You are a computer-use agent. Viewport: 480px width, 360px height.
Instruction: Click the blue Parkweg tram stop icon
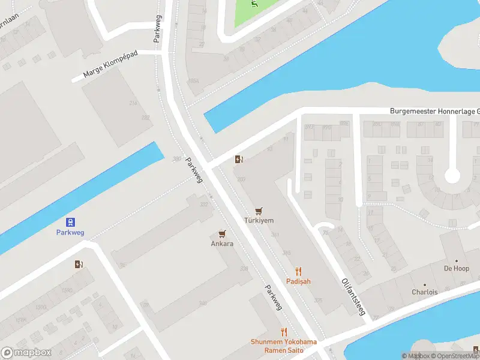(x=71, y=221)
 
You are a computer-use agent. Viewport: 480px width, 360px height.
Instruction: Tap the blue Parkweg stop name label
(x=71, y=232)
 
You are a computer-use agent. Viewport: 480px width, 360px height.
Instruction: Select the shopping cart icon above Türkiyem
(x=259, y=211)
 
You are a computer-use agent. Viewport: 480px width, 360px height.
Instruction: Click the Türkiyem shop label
(x=259, y=221)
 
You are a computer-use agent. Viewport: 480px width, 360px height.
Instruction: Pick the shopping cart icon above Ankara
(x=222, y=234)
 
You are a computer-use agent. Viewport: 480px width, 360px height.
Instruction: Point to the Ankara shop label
(x=222, y=244)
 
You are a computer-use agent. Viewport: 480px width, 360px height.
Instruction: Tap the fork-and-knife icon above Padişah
(x=298, y=272)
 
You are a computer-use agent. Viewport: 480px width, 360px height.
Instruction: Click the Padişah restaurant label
(x=298, y=282)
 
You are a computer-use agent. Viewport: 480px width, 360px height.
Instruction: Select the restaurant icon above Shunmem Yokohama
(x=284, y=332)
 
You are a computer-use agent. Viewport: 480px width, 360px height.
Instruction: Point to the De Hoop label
(x=456, y=268)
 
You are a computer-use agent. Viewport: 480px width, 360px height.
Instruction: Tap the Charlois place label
(x=425, y=292)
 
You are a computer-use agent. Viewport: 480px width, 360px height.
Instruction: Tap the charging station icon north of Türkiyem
(x=239, y=159)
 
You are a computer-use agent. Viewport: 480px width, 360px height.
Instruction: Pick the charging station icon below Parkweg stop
(x=79, y=264)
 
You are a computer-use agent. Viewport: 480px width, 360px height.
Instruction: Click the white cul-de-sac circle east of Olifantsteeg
(x=452, y=176)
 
